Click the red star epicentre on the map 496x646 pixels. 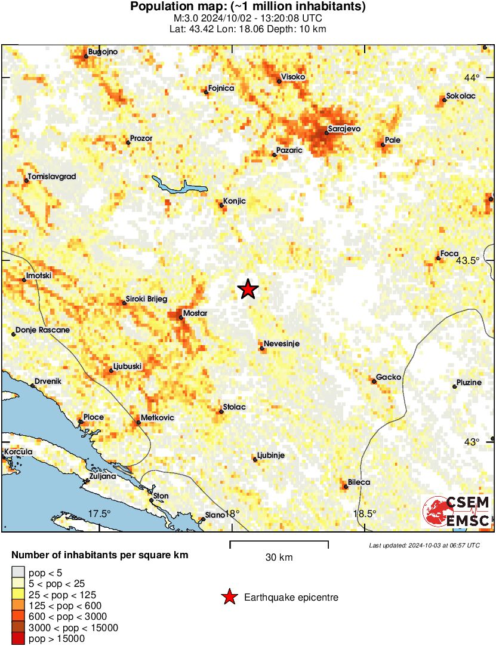tap(248, 289)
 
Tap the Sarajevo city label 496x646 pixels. tap(344, 128)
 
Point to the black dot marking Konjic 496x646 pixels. tap(221, 205)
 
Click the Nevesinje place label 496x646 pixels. tap(282, 344)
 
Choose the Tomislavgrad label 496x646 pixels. tap(53, 177)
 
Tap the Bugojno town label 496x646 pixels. tap(103, 52)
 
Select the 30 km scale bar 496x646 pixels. tap(279, 544)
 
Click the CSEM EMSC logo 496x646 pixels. tap(457, 512)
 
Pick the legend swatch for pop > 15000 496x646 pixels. tap(18, 639)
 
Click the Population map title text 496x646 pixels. tap(248, 7)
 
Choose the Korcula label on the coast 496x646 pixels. tap(18, 453)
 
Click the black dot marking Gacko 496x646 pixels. tap(374, 381)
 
